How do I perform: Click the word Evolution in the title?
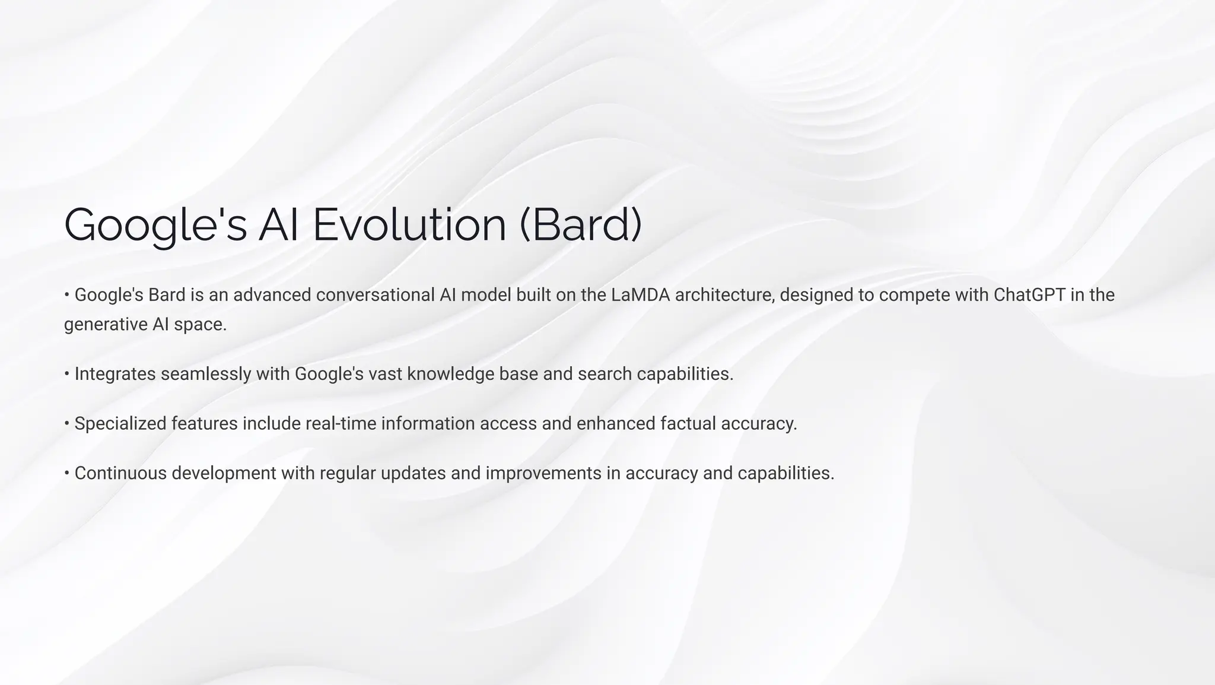coord(409,225)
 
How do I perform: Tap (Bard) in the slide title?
coord(581,225)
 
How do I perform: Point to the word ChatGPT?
coord(1029,295)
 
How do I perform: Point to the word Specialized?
coord(120,424)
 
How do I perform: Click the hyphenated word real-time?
coord(341,424)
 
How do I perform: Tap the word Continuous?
coord(120,474)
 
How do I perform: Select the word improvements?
coord(543,474)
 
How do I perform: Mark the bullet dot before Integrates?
coord(67,375)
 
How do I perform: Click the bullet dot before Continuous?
coord(67,474)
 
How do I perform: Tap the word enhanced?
coord(615,424)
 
